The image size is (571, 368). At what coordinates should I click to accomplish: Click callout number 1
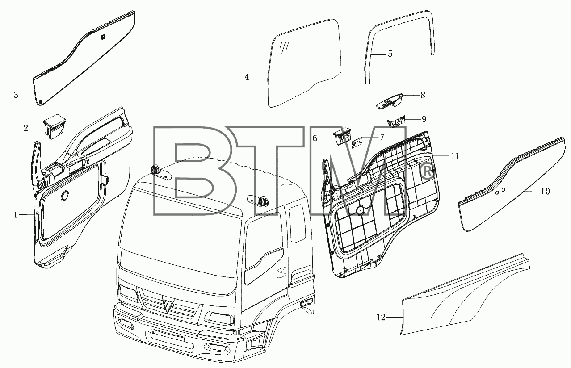coord(16,215)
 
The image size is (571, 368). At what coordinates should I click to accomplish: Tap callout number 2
coord(25,128)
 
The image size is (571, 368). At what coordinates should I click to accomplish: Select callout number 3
coord(16,95)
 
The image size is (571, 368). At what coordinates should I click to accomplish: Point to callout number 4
coord(247,77)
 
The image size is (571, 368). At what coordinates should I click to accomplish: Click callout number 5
coord(390,54)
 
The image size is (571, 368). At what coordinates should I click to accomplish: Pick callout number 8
coord(423,95)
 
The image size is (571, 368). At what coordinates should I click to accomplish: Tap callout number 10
coord(545,192)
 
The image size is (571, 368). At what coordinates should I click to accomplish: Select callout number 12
coord(381,318)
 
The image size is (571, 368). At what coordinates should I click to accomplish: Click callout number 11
coord(455,156)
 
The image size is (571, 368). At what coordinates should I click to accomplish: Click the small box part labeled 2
coord(55,130)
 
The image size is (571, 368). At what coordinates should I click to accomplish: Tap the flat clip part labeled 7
coord(357,143)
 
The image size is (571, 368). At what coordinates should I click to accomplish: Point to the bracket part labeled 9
coord(396,121)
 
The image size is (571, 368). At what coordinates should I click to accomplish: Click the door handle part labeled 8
coord(390,101)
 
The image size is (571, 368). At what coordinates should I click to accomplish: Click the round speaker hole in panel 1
coord(65,195)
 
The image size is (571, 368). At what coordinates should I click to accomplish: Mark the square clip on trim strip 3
coord(103,38)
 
